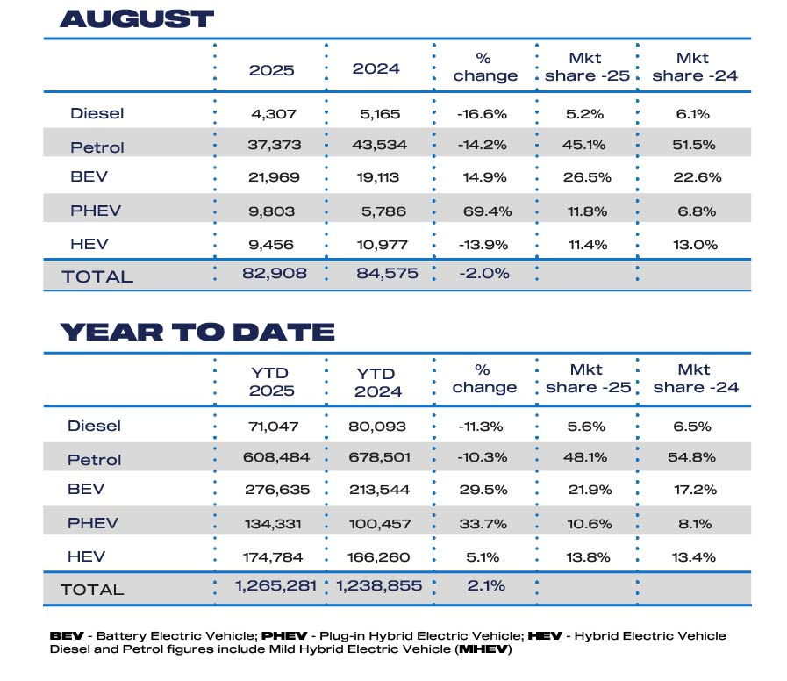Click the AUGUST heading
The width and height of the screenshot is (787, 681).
click(x=137, y=18)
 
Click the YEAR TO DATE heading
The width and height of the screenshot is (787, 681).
click(x=197, y=332)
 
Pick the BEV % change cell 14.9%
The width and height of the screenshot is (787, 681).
click(x=484, y=177)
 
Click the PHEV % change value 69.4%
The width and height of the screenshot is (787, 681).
click(x=484, y=211)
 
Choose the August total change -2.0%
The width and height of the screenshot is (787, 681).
click(x=484, y=274)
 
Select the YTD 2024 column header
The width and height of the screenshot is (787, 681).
click(x=378, y=382)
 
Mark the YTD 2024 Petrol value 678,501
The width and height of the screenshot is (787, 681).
click(x=378, y=459)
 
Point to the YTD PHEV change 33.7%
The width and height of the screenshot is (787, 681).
click(x=484, y=523)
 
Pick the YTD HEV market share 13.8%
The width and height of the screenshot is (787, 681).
click(x=587, y=556)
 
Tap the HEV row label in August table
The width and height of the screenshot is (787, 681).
click(x=84, y=244)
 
